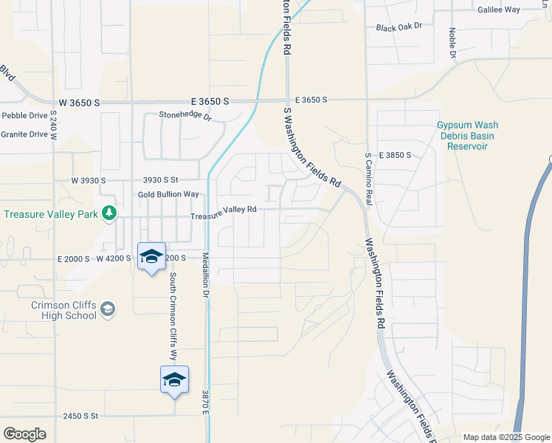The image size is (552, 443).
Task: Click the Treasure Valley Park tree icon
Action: (x=109, y=213)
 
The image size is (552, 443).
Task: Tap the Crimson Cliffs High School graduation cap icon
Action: (x=108, y=309)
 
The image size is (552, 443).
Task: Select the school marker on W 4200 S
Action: (x=151, y=257)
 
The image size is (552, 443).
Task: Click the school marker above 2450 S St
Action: (x=174, y=380)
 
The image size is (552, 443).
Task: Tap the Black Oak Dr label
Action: (x=398, y=27)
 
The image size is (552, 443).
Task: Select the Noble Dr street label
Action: (x=452, y=44)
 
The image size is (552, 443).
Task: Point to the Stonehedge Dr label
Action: (x=185, y=116)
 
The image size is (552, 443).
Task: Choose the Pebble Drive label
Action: (x=24, y=116)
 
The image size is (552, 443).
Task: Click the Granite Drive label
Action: (x=24, y=134)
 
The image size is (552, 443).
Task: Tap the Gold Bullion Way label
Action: (x=168, y=194)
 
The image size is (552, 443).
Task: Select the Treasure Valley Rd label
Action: (x=223, y=210)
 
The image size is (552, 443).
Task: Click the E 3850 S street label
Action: (x=395, y=156)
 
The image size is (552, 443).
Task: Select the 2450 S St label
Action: (x=80, y=416)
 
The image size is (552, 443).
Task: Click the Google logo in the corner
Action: (x=24, y=433)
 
